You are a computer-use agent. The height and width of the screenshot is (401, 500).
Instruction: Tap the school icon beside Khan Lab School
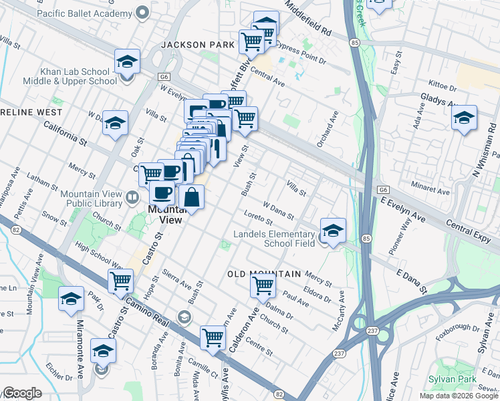[126, 63]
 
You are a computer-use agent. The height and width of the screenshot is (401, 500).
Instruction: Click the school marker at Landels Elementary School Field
[333, 231]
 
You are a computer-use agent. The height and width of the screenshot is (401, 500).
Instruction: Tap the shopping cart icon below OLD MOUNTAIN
[263, 285]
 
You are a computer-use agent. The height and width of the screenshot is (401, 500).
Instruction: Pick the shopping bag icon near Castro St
[192, 198]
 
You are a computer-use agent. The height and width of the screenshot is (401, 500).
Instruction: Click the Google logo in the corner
[22, 393]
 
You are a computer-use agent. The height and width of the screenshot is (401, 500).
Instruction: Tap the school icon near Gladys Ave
[464, 118]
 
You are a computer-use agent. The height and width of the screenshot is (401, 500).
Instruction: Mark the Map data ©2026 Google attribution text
[458, 396]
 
